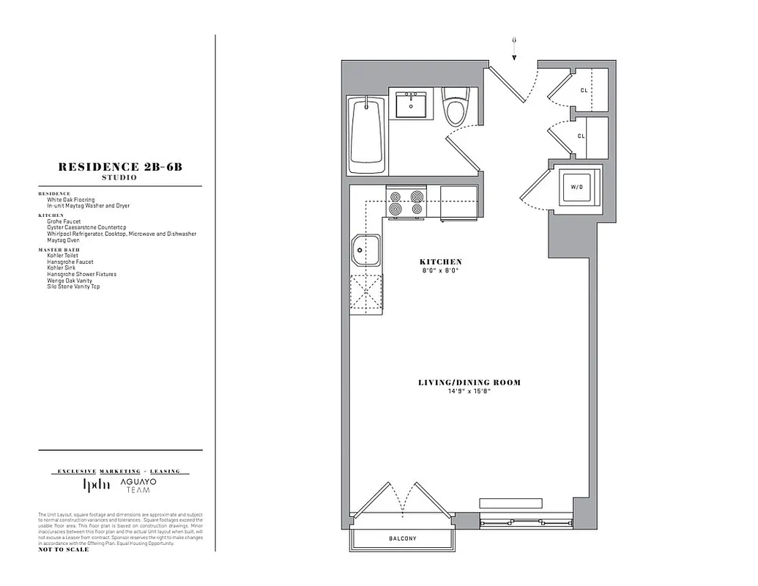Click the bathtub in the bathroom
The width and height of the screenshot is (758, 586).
click(365, 136)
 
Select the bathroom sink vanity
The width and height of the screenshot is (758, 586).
click(411, 105)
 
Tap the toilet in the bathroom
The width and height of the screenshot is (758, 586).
click(456, 108)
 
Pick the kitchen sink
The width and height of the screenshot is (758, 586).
click(365, 252)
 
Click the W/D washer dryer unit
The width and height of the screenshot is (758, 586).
click(576, 186)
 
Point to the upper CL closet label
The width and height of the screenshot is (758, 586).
click(584, 91)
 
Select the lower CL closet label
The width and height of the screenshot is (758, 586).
click(581, 136)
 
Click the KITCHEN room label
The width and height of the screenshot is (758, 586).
click(440, 262)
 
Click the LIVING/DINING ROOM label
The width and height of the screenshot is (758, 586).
click(469, 382)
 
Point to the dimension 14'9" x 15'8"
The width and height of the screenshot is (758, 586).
click(469, 391)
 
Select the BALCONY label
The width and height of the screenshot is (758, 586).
click(403, 539)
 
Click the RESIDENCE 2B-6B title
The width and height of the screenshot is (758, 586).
click(120, 167)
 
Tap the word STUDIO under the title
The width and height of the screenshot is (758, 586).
click(120, 178)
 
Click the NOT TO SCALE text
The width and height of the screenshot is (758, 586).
click(64, 549)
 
